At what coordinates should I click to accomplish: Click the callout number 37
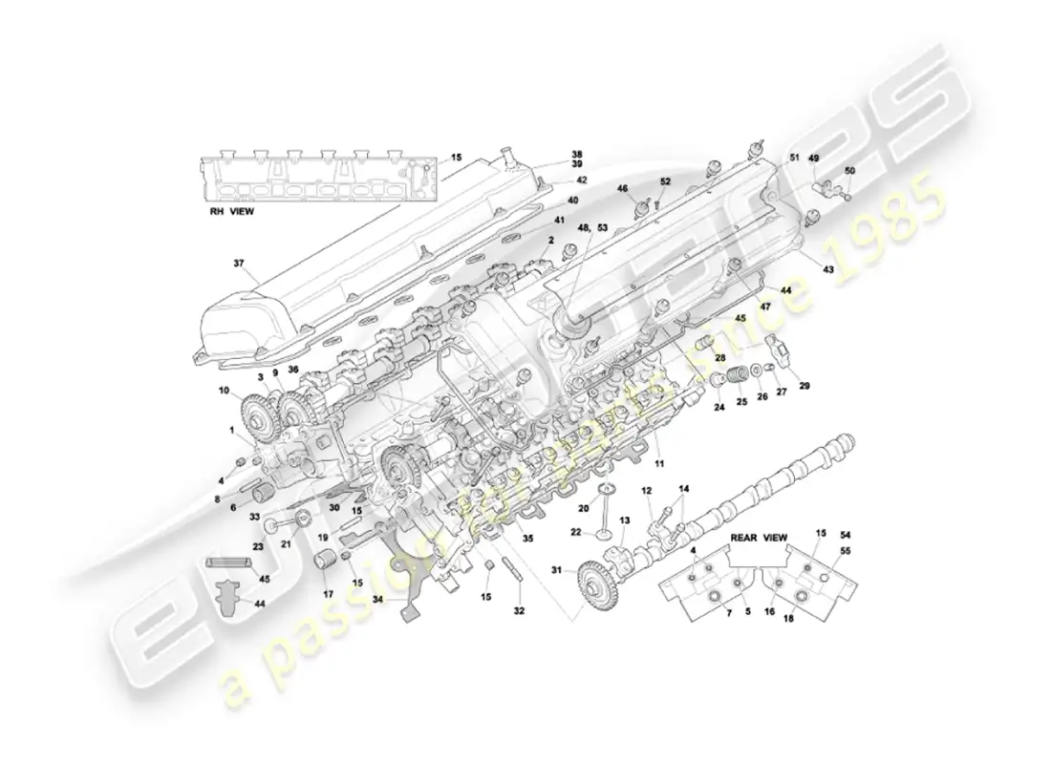[239, 265]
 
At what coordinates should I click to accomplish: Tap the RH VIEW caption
[232, 212]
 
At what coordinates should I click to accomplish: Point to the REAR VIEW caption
[758, 539]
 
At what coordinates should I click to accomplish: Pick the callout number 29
[804, 386]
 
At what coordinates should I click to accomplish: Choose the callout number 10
[225, 390]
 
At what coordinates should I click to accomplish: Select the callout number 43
[828, 269]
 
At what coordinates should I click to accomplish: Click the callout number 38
[576, 154]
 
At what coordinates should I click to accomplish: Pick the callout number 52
[666, 180]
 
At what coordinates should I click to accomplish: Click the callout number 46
[622, 189]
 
